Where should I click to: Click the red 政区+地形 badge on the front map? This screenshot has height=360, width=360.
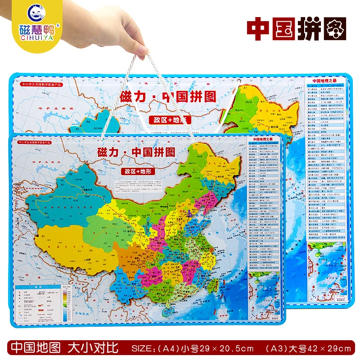[135, 171]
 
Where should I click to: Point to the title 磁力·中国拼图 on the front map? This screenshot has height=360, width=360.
[135, 152]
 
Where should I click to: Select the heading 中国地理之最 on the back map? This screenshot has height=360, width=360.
[324, 81]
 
